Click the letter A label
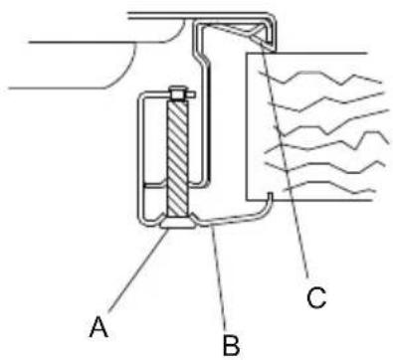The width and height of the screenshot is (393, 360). (98, 326)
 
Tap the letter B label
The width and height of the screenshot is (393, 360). (231, 345)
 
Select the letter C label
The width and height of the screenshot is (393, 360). (316, 297)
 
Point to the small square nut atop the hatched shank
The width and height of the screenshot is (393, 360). (178, 93)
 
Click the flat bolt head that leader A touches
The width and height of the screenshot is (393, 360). (178, 223)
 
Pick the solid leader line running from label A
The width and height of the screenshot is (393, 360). (137, 270)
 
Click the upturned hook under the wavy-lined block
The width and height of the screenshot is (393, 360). (270, 199)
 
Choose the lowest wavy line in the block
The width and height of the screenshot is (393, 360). (328, 187)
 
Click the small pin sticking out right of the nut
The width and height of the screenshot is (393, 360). (191, 94)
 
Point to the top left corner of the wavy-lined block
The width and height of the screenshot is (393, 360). (247, 53)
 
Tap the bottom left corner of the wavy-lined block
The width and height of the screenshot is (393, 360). (247, 200)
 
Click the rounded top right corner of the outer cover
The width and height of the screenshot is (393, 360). (273, 17)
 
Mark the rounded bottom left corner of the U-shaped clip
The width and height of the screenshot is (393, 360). (142, 222)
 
